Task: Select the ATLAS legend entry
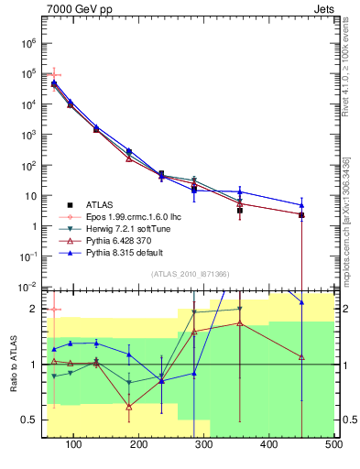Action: tap(101, 204)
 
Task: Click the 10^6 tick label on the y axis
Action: tap(28, 43)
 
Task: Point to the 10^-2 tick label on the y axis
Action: tap(27, 287)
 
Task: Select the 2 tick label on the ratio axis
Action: tap(34, 309)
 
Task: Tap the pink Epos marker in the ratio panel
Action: tap(54, 310)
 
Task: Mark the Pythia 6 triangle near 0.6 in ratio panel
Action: tap(128, 406)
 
